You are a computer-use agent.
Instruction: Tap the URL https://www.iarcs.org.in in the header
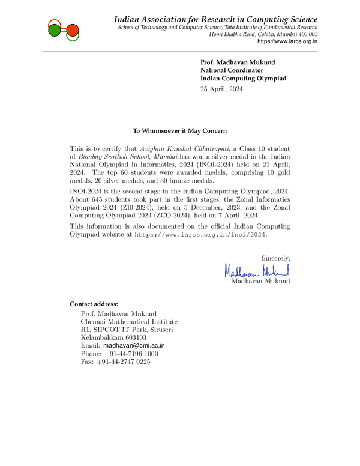click(287, 41)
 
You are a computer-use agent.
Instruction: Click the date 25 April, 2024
click(222, 89)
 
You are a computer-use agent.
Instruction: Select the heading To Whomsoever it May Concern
click(180, 130)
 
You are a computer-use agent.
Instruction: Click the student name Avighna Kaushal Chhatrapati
click(185, 148)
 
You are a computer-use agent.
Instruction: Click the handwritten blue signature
click(258, 271)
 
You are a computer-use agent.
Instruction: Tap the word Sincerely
click(275, 258)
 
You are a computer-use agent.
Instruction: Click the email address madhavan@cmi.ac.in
click(134, 346)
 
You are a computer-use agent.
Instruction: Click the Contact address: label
click(94, 304)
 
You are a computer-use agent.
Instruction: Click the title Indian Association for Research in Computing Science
click(216, 20)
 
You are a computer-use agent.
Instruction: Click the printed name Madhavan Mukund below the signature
click(260, 281)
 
